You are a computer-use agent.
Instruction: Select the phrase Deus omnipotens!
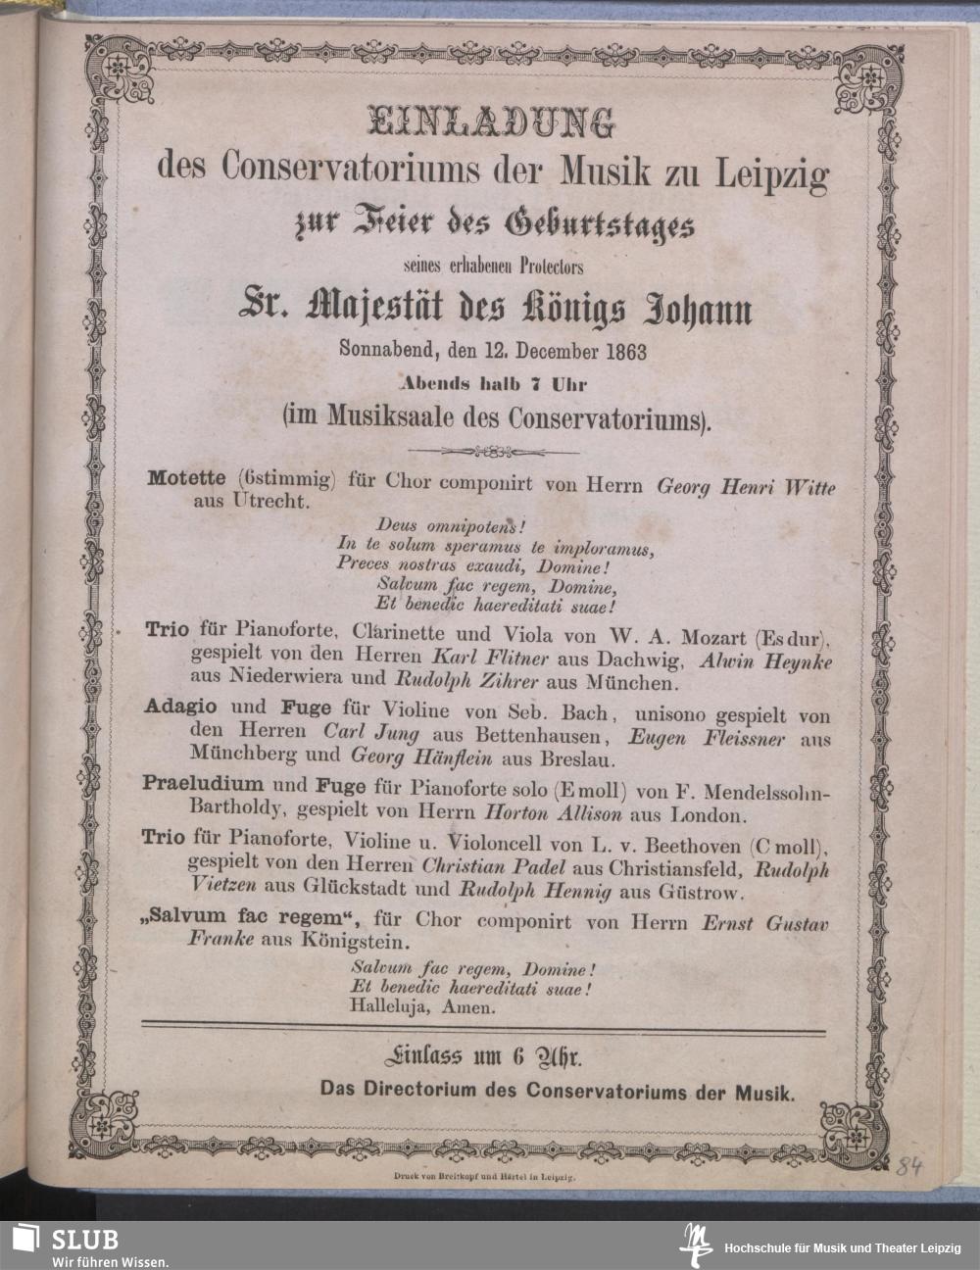(444, 526)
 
